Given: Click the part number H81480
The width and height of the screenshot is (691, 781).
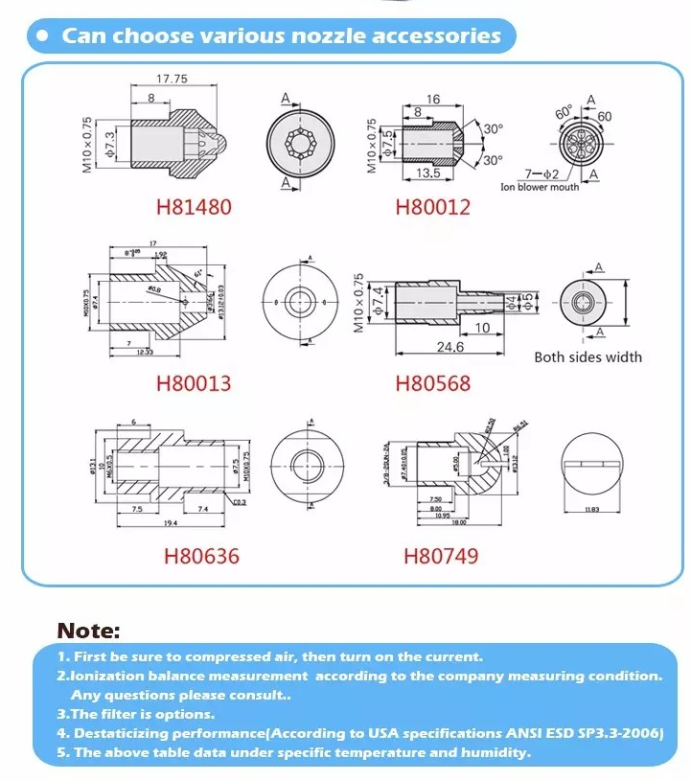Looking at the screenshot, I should point(194,206).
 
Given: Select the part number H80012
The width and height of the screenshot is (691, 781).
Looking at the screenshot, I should point(433,206).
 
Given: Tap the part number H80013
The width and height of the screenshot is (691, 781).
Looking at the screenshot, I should point(194,383).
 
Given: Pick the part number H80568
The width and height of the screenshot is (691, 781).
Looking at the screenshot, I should point(433,383).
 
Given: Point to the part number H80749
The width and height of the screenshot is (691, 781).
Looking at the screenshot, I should point(440,556).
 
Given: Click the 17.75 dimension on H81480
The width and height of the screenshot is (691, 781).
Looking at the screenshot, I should point(172,79).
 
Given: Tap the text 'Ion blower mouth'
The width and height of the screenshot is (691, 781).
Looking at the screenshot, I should point(540,187).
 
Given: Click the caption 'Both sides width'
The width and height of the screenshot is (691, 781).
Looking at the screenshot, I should point(587,356).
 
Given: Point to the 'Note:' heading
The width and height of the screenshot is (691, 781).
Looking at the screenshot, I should point(88,631).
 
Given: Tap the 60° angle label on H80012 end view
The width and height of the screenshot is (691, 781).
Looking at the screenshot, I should point(564,109).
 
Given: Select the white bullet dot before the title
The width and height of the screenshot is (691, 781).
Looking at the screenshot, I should point(42,36).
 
